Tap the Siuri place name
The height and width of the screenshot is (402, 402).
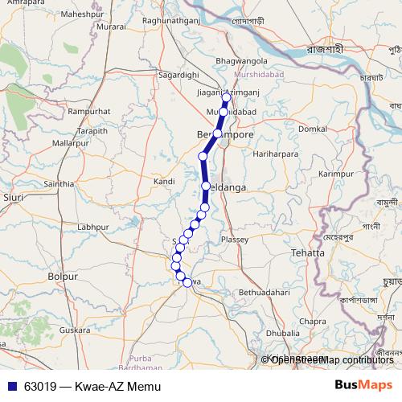13,196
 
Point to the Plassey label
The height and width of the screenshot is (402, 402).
236,240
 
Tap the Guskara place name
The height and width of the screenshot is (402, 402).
75,330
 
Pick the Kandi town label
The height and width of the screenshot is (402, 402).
164,182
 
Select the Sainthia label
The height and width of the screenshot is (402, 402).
59,184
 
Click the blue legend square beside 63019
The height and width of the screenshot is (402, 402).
11,386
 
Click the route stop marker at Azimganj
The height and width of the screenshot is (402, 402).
226,102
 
